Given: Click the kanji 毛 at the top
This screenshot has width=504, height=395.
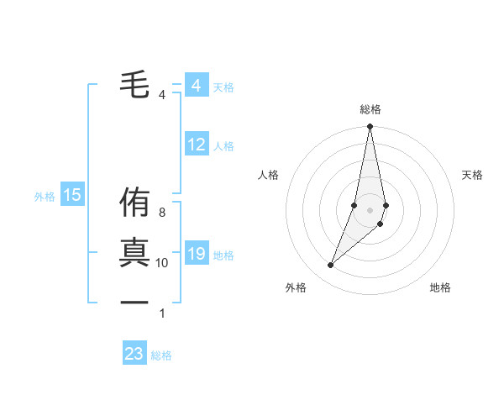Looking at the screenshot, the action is point(134,85).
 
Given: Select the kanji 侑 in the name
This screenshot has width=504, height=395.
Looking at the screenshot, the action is point(134,204).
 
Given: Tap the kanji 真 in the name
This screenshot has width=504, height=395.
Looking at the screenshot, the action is point(134,253).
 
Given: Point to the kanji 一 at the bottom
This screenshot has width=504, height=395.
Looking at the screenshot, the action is point(134,302).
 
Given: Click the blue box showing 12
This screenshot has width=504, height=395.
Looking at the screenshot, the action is point(197,145).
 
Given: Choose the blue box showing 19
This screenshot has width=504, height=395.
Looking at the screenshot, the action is point(197,254).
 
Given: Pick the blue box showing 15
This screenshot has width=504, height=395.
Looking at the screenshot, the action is point(72,196).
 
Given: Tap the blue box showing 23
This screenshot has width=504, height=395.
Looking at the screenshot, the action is point(134,354).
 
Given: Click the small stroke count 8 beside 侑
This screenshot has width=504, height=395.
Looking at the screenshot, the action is point(162,213).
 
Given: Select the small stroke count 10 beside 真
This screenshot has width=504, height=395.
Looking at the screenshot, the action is point(162,263).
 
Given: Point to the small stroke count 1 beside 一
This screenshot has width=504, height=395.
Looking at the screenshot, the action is point(162,313).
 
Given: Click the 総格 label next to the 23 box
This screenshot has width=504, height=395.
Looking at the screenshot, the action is point(161,355).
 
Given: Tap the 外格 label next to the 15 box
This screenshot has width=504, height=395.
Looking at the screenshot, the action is point(45,197).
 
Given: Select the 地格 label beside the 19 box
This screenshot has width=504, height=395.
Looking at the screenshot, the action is point(223,255).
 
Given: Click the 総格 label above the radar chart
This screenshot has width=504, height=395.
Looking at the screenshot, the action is point(370,109).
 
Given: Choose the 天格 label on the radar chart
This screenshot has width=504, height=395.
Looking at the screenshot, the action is point(473,175).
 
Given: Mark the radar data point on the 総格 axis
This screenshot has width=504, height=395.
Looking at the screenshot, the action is point(370,127).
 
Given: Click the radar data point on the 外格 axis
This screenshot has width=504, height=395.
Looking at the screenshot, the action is point(331,266).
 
